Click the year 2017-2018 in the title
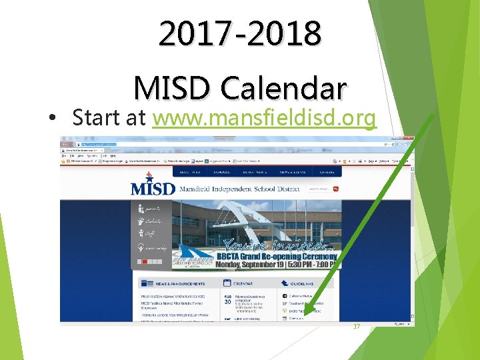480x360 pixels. coord(240,33)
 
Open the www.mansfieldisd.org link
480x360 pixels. coord(264,118)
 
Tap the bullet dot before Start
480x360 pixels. coord(52,119)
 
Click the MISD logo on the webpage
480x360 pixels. coord(153,187)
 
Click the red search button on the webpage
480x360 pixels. coord(335,189)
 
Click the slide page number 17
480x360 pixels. coord(356,327)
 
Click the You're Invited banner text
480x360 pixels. coord(273,244)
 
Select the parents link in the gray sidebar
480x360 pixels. coord(152,208)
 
